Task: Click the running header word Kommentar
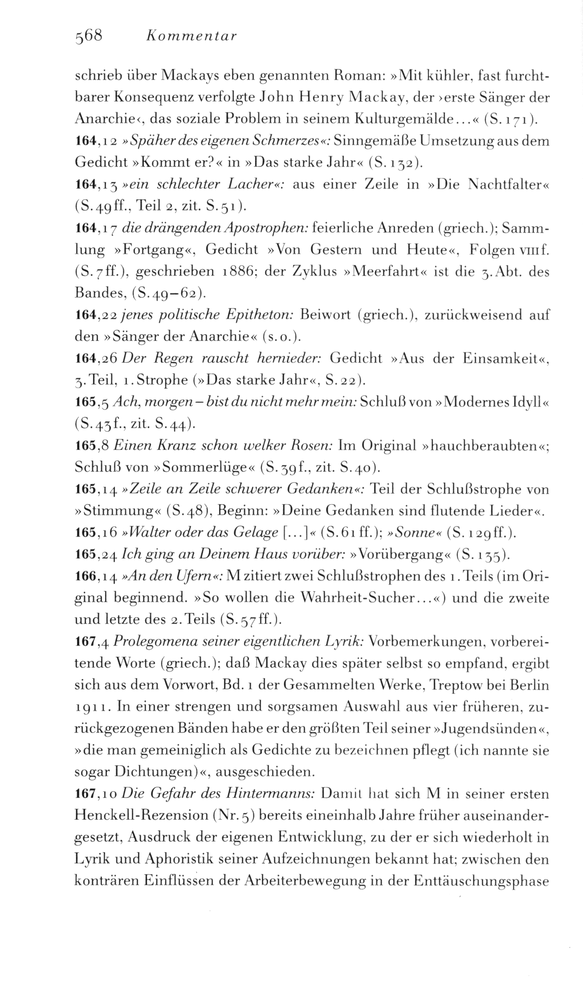pyautogui.click(x=190, y=36)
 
